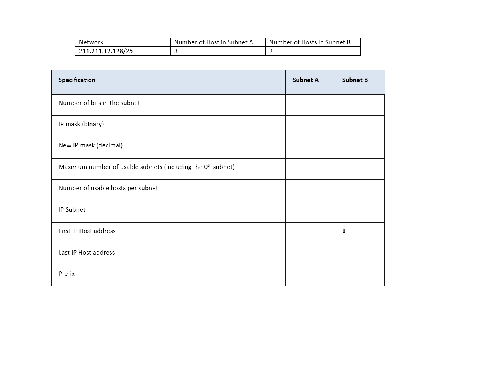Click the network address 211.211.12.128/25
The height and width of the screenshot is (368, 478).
click(x=106, y=51)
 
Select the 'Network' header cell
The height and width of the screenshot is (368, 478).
click(x=91, y=42)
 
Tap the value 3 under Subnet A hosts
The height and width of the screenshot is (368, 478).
click(x=176, y=51)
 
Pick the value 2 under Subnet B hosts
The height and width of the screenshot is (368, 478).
click(x=271, y=51)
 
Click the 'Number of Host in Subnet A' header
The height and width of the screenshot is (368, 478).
click(x=213, y=42)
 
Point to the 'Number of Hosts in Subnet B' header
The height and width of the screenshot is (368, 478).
click(x=309, y=42)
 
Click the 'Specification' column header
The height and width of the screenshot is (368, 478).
click(x=77, y=80)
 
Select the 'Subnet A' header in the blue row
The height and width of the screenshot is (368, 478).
click(x=305, y=80)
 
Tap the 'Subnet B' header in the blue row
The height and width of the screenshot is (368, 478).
click(x=355, y=80)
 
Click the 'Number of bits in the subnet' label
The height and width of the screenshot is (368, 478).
click(x=99, y=103)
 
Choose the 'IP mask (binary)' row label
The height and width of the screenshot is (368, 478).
click(x=81, y=124)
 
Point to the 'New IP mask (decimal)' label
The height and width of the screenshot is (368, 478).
click(x=91, y=145)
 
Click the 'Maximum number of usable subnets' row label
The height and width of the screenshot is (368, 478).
click(x=146, y=167)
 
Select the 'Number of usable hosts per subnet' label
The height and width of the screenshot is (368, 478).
click(x=108, y=188)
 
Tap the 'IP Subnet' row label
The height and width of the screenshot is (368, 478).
click(x=72, y=210)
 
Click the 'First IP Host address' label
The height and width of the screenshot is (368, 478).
click(x=87, y=231)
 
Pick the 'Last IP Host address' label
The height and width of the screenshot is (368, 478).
click(x=87, y=253)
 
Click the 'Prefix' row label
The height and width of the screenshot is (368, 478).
click(x=67, y=274)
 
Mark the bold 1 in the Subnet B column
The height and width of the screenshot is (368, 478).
click(x=344, y=231)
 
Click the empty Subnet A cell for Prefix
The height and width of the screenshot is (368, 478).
click(x=310, y=276)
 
